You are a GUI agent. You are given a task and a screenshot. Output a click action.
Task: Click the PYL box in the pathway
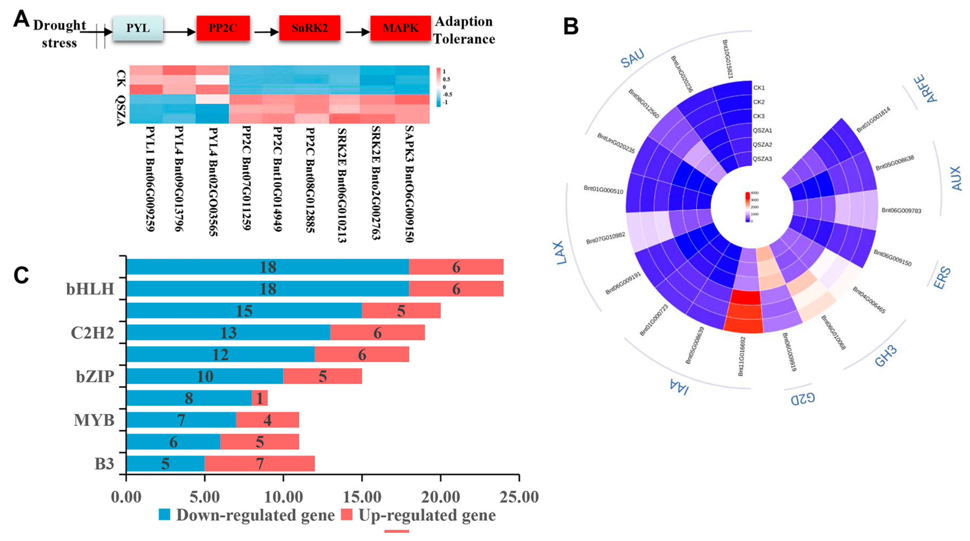(138, 28)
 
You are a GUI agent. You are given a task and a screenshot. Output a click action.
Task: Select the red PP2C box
(223, 28)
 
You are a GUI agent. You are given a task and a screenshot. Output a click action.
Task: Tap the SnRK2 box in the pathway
(309, 28)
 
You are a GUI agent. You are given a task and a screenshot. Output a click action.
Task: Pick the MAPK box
(400, 28)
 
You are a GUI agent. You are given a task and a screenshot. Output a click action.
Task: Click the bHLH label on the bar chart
(90, 289)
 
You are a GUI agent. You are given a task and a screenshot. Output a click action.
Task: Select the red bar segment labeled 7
(259, 463)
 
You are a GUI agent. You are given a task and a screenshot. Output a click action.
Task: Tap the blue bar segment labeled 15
(244, 311)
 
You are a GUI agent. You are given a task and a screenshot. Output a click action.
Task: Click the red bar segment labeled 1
(259, 398)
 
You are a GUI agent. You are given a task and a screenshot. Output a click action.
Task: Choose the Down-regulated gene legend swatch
(165, 514)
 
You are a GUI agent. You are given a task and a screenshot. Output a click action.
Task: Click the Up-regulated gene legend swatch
(346, 514)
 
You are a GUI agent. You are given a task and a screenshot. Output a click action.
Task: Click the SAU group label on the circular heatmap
(633, 58)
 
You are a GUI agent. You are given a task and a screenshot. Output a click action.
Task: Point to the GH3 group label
(886, 356)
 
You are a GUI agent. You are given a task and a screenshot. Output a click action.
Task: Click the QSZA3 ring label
(762, 159)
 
